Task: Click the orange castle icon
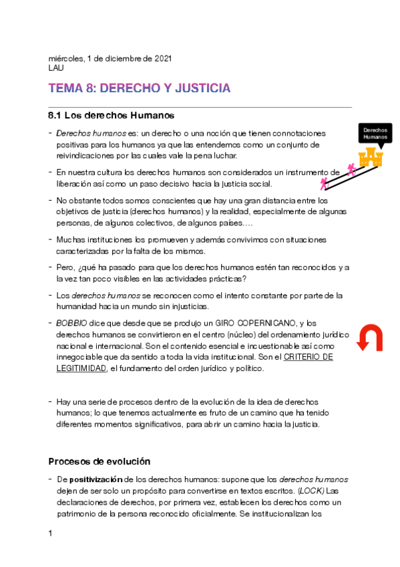pyautogui.click(x=370, y=157)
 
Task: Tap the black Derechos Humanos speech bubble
pyautogui.click(x=375, y=132)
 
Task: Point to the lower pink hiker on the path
pyautogui.click(x=324, y=182)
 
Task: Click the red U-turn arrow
pyautogui.click(x=368, y=338)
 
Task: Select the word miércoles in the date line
pyautogui.click(x=66, y=59)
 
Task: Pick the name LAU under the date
pyautogui.click(x=56, y=68)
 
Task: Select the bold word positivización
pyautogui.click(x=96, y=480)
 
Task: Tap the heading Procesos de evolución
pyautogui.click(x=99, y=461)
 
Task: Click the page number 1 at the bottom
pyautogui.click(x=51, y=534)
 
